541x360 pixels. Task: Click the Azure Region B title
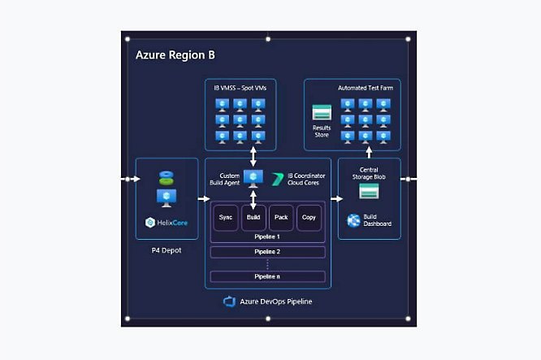click(175, 55)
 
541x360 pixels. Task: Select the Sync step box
click(226, 218)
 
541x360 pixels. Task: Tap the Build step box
click(253, 218)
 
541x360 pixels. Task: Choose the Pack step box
click(281, 218)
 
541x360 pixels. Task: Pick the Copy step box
click(309, 218)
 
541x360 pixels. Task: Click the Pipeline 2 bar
click(267, 252)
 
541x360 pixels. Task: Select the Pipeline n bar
click(267, 277)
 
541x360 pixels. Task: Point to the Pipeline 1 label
click(267, 236)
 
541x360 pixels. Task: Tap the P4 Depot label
click(167, 250)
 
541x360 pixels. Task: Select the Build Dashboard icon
click(354, 220)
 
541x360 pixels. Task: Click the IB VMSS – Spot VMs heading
click(241, 87)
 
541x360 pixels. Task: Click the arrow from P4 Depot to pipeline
click(201, 197)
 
